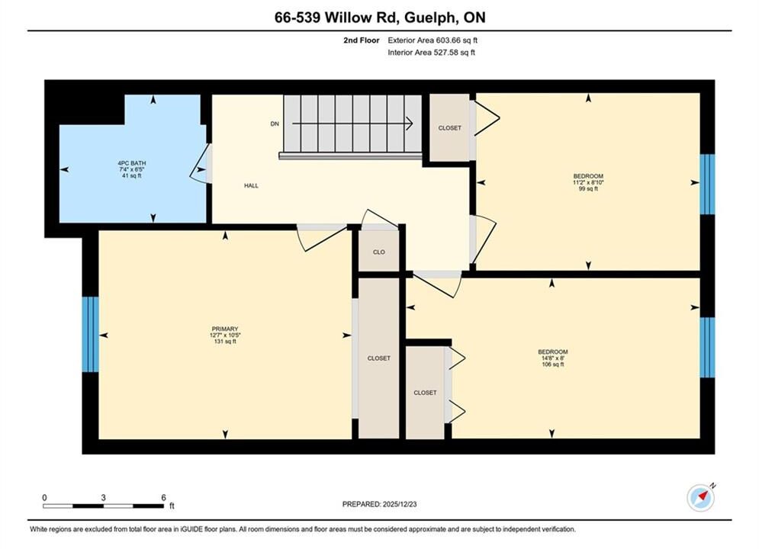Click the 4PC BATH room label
tap(132, 163)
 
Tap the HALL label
tap(251, 186)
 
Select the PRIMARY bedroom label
tap(224, 329)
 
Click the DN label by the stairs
tap(275, 124)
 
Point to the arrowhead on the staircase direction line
tap(409, 124)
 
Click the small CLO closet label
tap(379, 252)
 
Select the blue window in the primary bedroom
tap(91, 334)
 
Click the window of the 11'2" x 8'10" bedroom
tap(707, 185)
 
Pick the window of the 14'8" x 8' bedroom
tap(707, 347)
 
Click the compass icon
tap(700, 497)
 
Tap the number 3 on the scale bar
tap(103, 497)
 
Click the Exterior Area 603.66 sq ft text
tap(433, 40)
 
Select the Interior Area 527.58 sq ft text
tap(431, 53)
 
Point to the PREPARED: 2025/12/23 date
tap(380, 504)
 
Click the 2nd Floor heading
tap(362, 40)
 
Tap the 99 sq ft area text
tap(588, 188)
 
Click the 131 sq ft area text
tap(224, 342)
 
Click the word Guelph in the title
tap(429, 18)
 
